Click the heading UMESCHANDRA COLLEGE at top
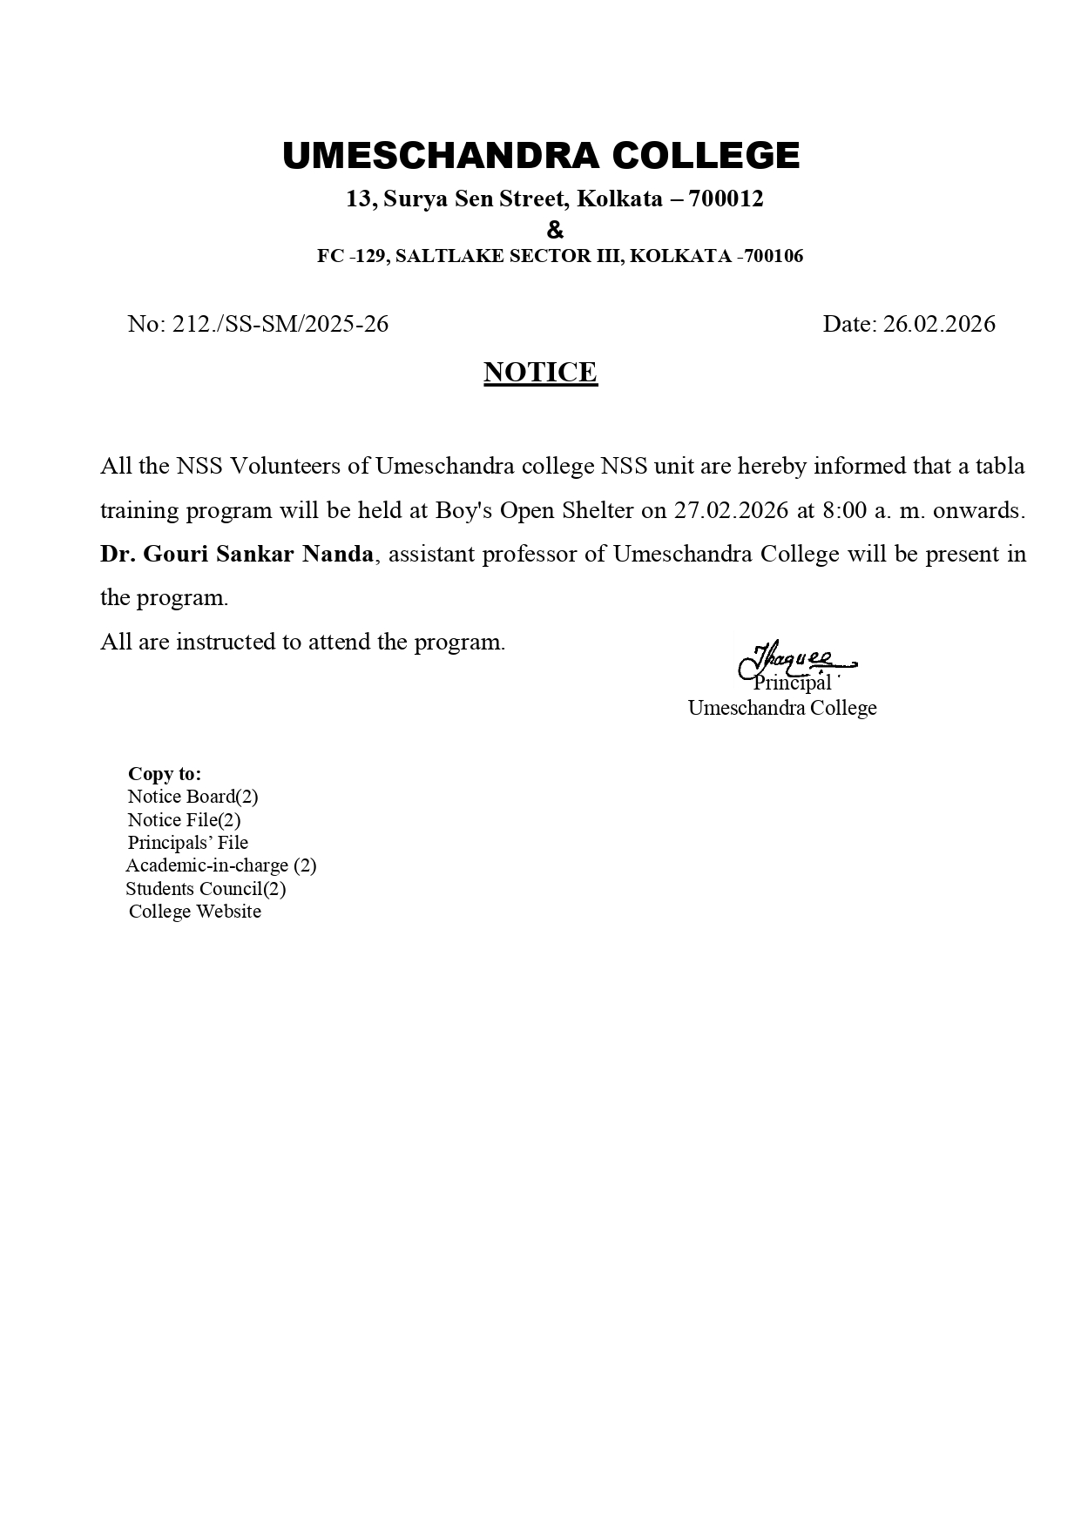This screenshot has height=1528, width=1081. [x=541, y=156]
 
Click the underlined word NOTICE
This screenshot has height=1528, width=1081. [x=540, y=373]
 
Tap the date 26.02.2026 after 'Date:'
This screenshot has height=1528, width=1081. [x=939, y=324]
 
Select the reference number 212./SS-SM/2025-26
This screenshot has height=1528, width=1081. [x=280, y=324]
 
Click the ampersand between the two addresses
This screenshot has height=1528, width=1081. [x=555, y=231]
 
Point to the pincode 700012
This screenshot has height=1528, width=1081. [x=726, y=199]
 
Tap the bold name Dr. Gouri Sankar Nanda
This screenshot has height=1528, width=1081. [x=237, y=555]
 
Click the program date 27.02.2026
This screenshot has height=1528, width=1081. [x=730, y=510]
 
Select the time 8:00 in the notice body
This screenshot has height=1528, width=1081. [x=844, y=510]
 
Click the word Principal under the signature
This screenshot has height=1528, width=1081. [x=792, y=683]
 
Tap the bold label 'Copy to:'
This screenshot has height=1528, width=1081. [x=165, y=774]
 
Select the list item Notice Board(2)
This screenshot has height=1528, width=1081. [x=193, y=797]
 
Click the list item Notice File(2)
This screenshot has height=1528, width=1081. [x=184, y=820]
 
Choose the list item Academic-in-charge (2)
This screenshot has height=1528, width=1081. [x=221, y=865]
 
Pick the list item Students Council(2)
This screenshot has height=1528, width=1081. [x=206, y=889]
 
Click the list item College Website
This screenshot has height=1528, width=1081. [x=195, y=912]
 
